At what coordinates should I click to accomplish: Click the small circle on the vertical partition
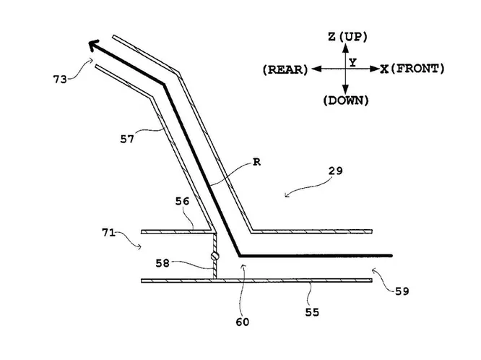[x=214, y=257]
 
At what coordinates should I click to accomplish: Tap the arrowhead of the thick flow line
[x=94, y=46]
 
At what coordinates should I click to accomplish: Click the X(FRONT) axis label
[x=412, y=69]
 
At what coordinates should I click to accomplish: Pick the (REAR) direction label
[x=285, y=69]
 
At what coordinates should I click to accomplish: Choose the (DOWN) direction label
[x=346, y=100]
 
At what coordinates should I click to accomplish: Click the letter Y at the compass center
[x=352, y=63]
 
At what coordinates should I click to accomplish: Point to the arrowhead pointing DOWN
[x=345, y=87]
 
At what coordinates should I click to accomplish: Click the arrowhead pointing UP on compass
[x=345, y=48]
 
